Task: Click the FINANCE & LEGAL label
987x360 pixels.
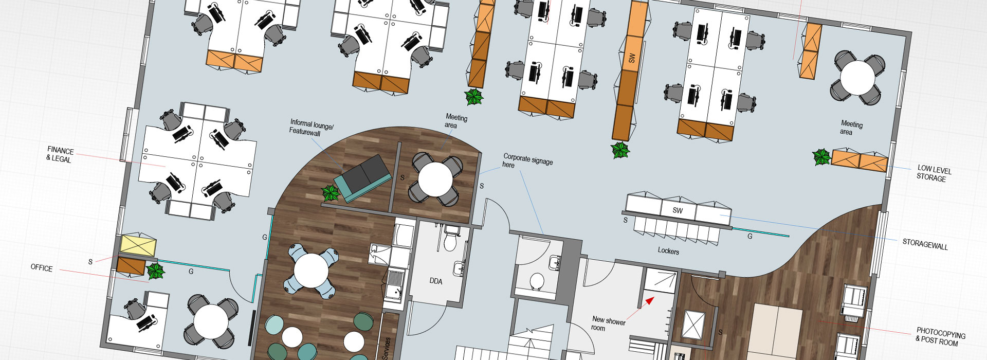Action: click(x=60, y=155)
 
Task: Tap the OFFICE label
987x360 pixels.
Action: click(x=42, y=268)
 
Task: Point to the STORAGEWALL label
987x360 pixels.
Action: click(x=925, y=244)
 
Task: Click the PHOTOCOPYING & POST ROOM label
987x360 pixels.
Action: click(x=940, y=336)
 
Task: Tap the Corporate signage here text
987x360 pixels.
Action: click(x=527, y=160)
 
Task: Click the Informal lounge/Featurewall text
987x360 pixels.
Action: click(x=311, y=128)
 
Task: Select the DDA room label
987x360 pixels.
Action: click(x=435, y=281)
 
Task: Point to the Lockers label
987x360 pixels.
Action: click(x=668, y=251)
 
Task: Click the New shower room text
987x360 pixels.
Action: click(x=608, y=323)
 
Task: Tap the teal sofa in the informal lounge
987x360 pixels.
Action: click(x=363, y=178)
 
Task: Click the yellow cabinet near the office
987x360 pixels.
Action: click(x=138, y=245)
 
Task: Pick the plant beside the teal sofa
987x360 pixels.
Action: click(x=330, y=193)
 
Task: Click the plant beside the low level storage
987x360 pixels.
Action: click(x=821, y=157)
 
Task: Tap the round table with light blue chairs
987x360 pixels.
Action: click(x=310, y=271)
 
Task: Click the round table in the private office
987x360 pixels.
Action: click(x=211, y=321)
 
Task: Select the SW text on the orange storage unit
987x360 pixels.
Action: click(x=632, y=58)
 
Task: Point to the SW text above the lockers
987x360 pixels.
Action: click(x=678, y=210)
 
